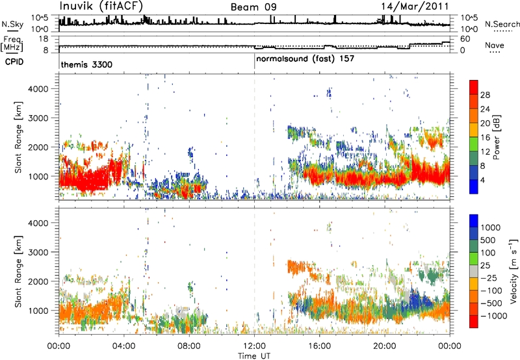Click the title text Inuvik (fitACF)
click(101, 6)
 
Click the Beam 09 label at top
click(253, 7)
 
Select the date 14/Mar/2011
click(415, 6)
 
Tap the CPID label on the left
click(14, 62)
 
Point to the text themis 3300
click(86, 64)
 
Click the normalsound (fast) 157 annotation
click(305, 59)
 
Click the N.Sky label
click(12, 24)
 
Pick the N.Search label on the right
click(502, 24)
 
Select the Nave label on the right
click(494, 45)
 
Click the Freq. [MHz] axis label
click(12, 44)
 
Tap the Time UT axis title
click(254, 356)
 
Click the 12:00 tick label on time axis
click(254, 346)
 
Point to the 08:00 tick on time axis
click(189, 346)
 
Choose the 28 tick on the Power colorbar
click(485, 95)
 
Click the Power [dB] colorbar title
click(497, 137)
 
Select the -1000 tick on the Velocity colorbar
click(494, 316)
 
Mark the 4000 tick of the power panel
click(38, 89)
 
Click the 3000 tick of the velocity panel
click(38, 252)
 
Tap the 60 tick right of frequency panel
click(465, 39)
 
